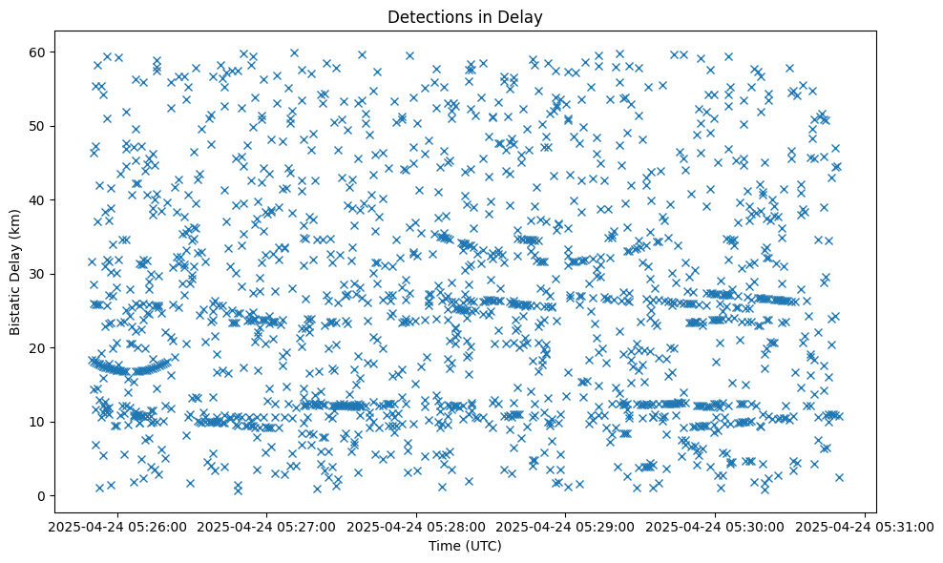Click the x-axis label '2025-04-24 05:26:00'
pos(117,526)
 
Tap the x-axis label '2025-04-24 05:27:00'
pos(267,526)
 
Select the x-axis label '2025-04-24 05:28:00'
pos(417,526)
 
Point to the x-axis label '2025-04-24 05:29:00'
pos(566,526)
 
